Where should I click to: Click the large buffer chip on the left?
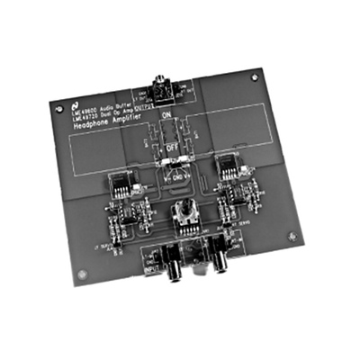pos(121,184)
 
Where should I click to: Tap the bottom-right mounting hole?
pos(290,236)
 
